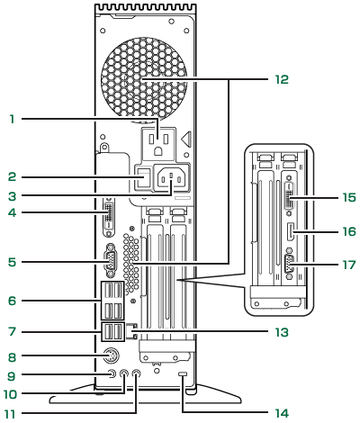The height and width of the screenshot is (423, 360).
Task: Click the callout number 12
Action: [282, 79]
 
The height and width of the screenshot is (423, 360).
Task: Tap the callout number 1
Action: [12, 119]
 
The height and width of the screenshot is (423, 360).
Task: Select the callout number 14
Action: [282, 413]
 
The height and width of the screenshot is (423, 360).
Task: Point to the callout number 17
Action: [349, 265]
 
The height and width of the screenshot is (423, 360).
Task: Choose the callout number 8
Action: [12, 357]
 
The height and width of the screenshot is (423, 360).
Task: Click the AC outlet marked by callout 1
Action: [158, 143]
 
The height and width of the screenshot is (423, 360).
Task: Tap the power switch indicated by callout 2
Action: [143, 178]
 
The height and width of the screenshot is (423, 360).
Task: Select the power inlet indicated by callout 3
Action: [171, 179]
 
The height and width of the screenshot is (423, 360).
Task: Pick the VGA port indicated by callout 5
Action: [110, 261]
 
